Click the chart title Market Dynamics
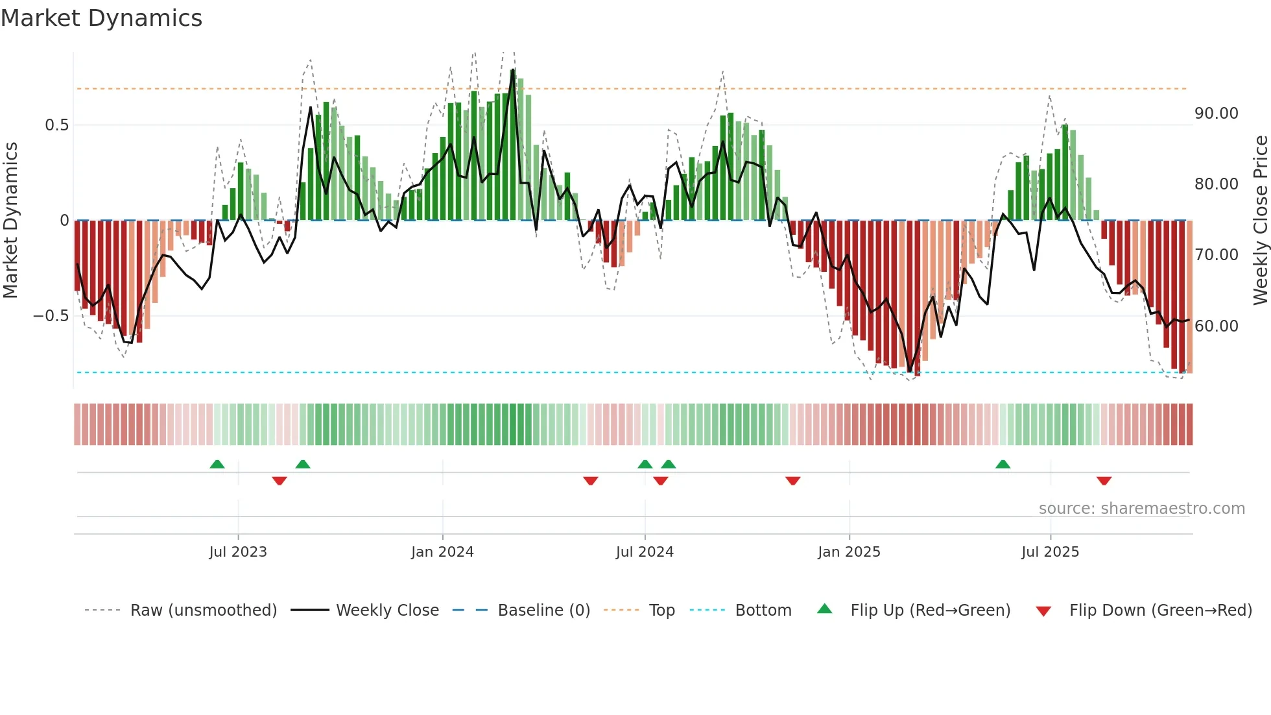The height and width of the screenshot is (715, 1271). (101, 18)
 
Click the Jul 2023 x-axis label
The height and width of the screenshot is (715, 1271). (238, 552)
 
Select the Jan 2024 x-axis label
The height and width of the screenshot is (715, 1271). (442, 552)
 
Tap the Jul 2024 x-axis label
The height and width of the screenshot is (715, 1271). (645, 552)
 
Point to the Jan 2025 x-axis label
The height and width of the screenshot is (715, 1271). (849, 552)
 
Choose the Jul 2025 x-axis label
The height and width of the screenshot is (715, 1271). (1050, 552)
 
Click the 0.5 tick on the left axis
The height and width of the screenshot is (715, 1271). (56, 125)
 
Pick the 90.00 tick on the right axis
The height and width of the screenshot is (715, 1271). (1217, 114)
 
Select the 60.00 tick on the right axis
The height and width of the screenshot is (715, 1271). (1217, 326)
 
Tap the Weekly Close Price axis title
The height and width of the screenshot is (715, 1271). (1260, 221)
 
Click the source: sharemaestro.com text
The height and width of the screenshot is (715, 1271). (1141, 509)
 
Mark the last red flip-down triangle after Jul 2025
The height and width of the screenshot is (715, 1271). (1104, 481)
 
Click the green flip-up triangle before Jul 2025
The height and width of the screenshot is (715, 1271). (1003, 464)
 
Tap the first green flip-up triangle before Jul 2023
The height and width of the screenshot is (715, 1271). (217, 464)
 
